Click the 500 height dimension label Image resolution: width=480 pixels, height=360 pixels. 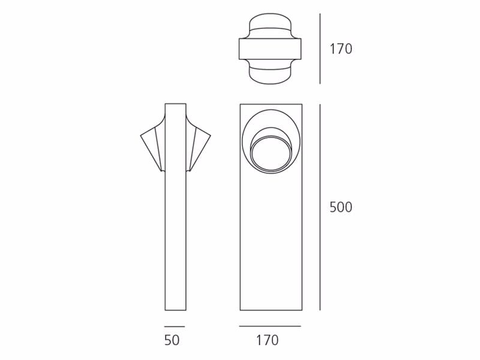click(x=341, y=208)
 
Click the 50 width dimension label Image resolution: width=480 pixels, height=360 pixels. click(x=172, y=340)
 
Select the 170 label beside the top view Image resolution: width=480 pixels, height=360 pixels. click(x=341, y=49)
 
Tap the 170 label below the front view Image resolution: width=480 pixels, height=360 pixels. click(x=267, y=340)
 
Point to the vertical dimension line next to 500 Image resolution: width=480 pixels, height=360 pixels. click(x=320, y=208)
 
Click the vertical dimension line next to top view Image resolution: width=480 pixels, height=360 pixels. click(x=320, y=49)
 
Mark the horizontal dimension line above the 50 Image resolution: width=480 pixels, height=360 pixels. click(x=175, y=326)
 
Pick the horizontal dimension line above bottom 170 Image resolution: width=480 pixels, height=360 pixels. click(x=270, y=326)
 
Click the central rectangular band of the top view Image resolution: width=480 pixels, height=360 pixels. click(x=270, y=49)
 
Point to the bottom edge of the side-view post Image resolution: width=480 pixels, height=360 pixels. click(x=175, y=310)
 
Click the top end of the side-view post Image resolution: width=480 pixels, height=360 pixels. click(x=175, y=104)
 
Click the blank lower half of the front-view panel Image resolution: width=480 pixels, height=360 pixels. click(x=270, y=252)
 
